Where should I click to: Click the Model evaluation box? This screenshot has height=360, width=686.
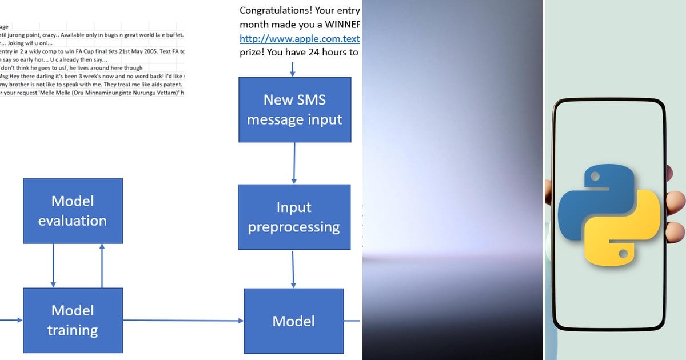tap(73, 210)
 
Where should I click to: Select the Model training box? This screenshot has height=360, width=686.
tap(73, 320)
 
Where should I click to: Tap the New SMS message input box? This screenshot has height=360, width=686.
tap(294, 109)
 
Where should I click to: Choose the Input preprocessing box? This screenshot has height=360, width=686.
tap(294, 217)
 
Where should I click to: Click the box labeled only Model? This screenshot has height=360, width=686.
tap(294, 321)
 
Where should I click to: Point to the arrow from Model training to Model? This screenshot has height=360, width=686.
tap(183, 321)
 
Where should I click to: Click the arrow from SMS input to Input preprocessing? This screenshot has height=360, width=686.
tap(294, 163)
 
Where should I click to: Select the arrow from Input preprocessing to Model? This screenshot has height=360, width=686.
tap(293, 269)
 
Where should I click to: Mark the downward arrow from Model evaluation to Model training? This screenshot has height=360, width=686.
tap(53, 265)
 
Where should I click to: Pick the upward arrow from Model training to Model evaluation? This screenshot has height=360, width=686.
tap(102, 265)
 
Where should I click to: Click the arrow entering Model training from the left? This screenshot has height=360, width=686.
tap(11, 320)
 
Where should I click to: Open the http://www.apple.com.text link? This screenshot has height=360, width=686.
tap(300, 39)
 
